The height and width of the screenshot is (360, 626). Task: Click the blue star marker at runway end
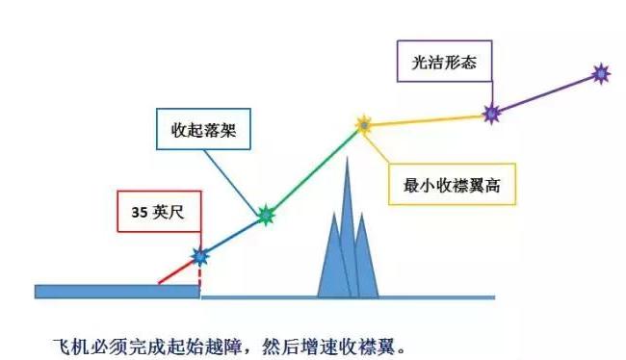199,256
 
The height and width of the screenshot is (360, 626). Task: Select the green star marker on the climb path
265,217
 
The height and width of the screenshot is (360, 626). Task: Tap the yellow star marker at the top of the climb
364,124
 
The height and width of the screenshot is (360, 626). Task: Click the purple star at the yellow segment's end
491,114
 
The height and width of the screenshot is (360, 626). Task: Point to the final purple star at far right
601,72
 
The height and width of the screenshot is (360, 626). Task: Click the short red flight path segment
179,270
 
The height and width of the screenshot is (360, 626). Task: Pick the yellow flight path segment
428,119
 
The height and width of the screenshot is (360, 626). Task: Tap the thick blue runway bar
117,291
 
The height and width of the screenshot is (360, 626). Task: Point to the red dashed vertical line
200,275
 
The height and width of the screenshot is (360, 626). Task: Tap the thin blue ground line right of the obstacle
433,296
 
